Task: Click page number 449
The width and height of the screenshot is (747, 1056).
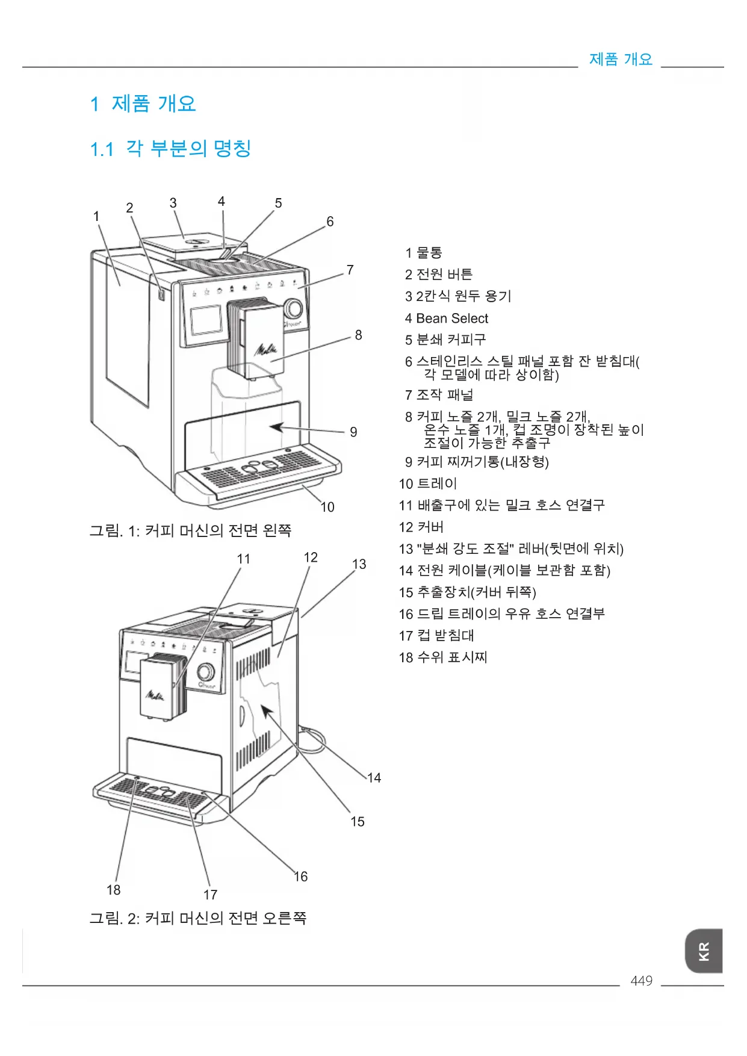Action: (641, 981)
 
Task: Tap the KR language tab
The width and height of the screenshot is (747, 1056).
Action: (704, 951)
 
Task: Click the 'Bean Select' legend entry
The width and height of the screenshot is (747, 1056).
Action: (447, 318)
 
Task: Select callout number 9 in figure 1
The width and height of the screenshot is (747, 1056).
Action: (353, 432)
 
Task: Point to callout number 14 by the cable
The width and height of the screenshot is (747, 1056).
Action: (374, 778)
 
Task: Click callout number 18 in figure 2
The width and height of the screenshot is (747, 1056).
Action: (113, 890)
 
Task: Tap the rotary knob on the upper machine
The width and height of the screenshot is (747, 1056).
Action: (293, 308)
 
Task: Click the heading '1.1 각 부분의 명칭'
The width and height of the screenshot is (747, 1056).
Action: (170, 148)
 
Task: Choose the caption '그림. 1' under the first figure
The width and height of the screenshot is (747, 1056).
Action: (190, 530)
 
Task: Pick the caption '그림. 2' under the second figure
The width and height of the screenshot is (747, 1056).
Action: (198, 918)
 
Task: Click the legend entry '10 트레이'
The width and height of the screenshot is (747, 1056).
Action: (428, 483)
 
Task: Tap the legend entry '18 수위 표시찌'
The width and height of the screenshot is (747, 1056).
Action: (442, 657)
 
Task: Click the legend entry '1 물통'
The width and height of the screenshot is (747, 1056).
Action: (424, 253)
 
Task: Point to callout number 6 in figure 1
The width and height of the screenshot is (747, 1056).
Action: (330, 222)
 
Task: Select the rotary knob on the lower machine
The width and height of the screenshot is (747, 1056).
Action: (205, 672)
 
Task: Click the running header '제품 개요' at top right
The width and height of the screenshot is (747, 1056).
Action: (621, 59)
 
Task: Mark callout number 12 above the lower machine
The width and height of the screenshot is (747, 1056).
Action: (311, 558)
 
